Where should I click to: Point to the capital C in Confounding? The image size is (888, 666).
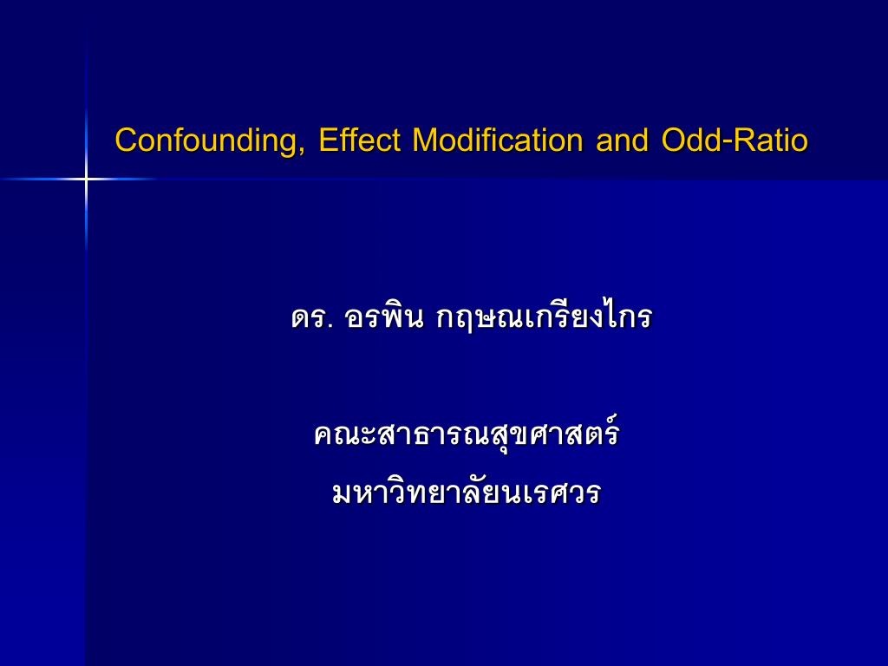point(126,140)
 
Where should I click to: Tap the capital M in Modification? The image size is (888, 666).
point(425,140)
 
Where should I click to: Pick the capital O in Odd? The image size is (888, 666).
point(672,140)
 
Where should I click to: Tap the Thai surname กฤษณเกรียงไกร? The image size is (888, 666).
point(543,317)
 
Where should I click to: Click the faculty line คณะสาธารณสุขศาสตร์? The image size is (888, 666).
point(467,434)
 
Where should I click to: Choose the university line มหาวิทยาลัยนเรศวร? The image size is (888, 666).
point(467,493)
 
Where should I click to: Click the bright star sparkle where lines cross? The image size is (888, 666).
point(86,180)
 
